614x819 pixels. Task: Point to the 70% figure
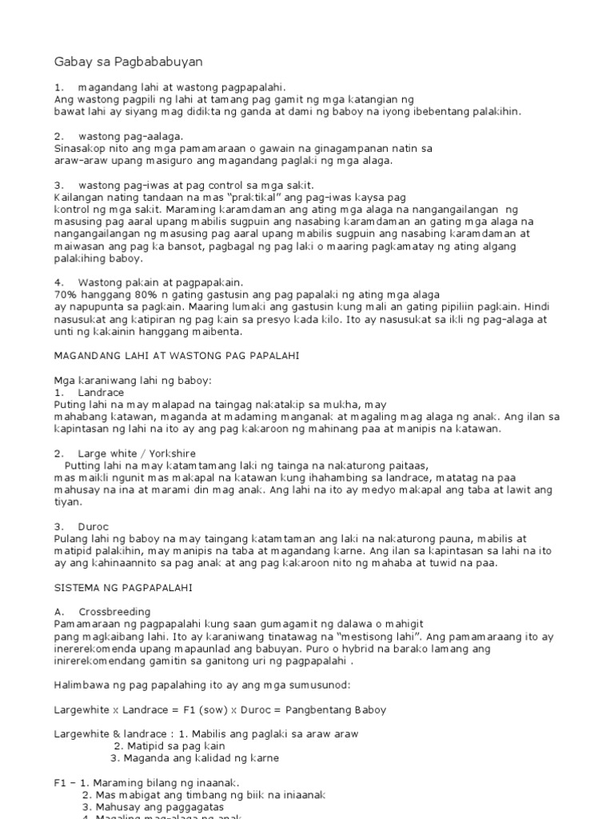coord(66,294)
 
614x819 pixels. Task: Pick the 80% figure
coord(135,294)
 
